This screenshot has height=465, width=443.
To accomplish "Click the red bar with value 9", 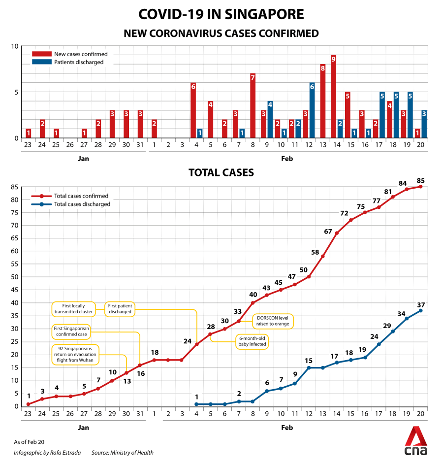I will (x=333, y=97).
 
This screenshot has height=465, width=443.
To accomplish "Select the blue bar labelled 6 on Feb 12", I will (x=312, y=110).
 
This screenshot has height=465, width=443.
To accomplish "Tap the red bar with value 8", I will (x=323, y=101).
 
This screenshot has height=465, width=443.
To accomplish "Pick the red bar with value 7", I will (x=253, y=105).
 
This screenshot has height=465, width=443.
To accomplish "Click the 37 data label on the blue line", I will (x=420, y=304).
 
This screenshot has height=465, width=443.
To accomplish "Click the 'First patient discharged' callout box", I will (x=120, y=309).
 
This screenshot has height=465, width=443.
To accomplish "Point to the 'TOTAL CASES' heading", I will (x=221, y=172).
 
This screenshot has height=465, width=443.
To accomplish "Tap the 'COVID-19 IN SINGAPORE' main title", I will (x=221, y=14).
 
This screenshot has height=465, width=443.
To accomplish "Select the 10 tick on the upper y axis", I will (x=15, y=47).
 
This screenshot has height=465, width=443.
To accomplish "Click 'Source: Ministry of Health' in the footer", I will (x=122, y=453).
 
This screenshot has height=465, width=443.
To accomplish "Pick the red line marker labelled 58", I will (x=323, y=256).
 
